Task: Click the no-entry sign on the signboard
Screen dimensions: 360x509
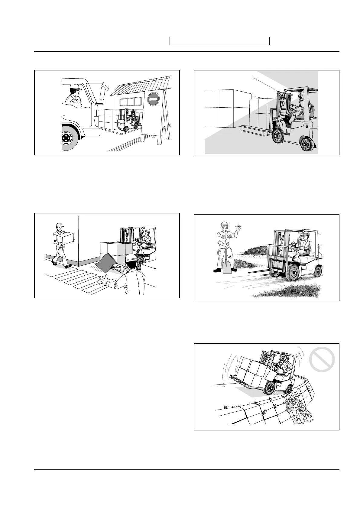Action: tap(153, 99)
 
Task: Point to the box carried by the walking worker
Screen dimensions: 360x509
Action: tap(66, 238)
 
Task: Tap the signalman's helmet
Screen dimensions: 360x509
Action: tap(131, 259)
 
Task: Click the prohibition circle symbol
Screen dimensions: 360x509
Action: tap(322, 360)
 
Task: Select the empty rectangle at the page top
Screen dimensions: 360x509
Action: tap(219, 41)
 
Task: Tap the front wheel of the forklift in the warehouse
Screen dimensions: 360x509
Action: tap(278, 137)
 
